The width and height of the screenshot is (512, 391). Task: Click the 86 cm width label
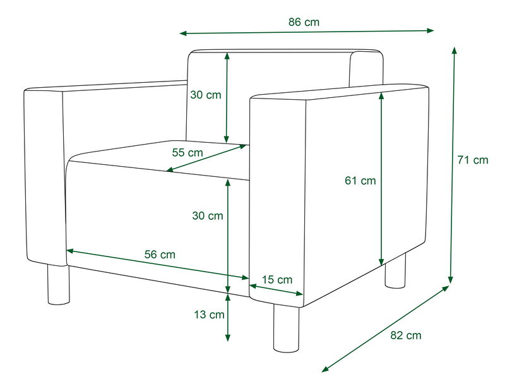click(x=304, y=22)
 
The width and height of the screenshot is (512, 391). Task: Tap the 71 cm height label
click(x=472, y=160)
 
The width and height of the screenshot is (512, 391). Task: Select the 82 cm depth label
click(x=406, y=335)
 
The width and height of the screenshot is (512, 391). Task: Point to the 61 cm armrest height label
click(x=360, y=180)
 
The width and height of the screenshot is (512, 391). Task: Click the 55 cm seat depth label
click(x=188, y=152)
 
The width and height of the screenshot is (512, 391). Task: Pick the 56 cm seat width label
click(x=160, y=254)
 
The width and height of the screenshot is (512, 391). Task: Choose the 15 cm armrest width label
click(x=277, y=280)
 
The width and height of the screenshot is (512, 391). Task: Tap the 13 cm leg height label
click(x=210, y=315)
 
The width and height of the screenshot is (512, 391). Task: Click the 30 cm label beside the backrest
click(x=206, y=95)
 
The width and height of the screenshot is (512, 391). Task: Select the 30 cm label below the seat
click(x=207, y=215)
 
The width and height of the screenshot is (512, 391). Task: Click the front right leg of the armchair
click(x=286, y=328)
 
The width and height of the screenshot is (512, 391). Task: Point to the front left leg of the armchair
click(x=59, y=284)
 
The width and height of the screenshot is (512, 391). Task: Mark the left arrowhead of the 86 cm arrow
click(x=183, y=33)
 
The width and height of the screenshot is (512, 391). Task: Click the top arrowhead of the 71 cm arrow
click(x=454, y=50)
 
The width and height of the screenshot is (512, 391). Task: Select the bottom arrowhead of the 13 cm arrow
click(x=228, y=338)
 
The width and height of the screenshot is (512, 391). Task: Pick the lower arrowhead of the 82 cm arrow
click(x=325, y=370)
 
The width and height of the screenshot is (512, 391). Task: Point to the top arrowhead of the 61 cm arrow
click(x=381, y=95)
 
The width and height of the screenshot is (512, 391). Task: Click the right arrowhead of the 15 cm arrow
click(x=300, y=293)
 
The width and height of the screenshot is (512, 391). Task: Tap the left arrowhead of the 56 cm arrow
click(x=70, y=251)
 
